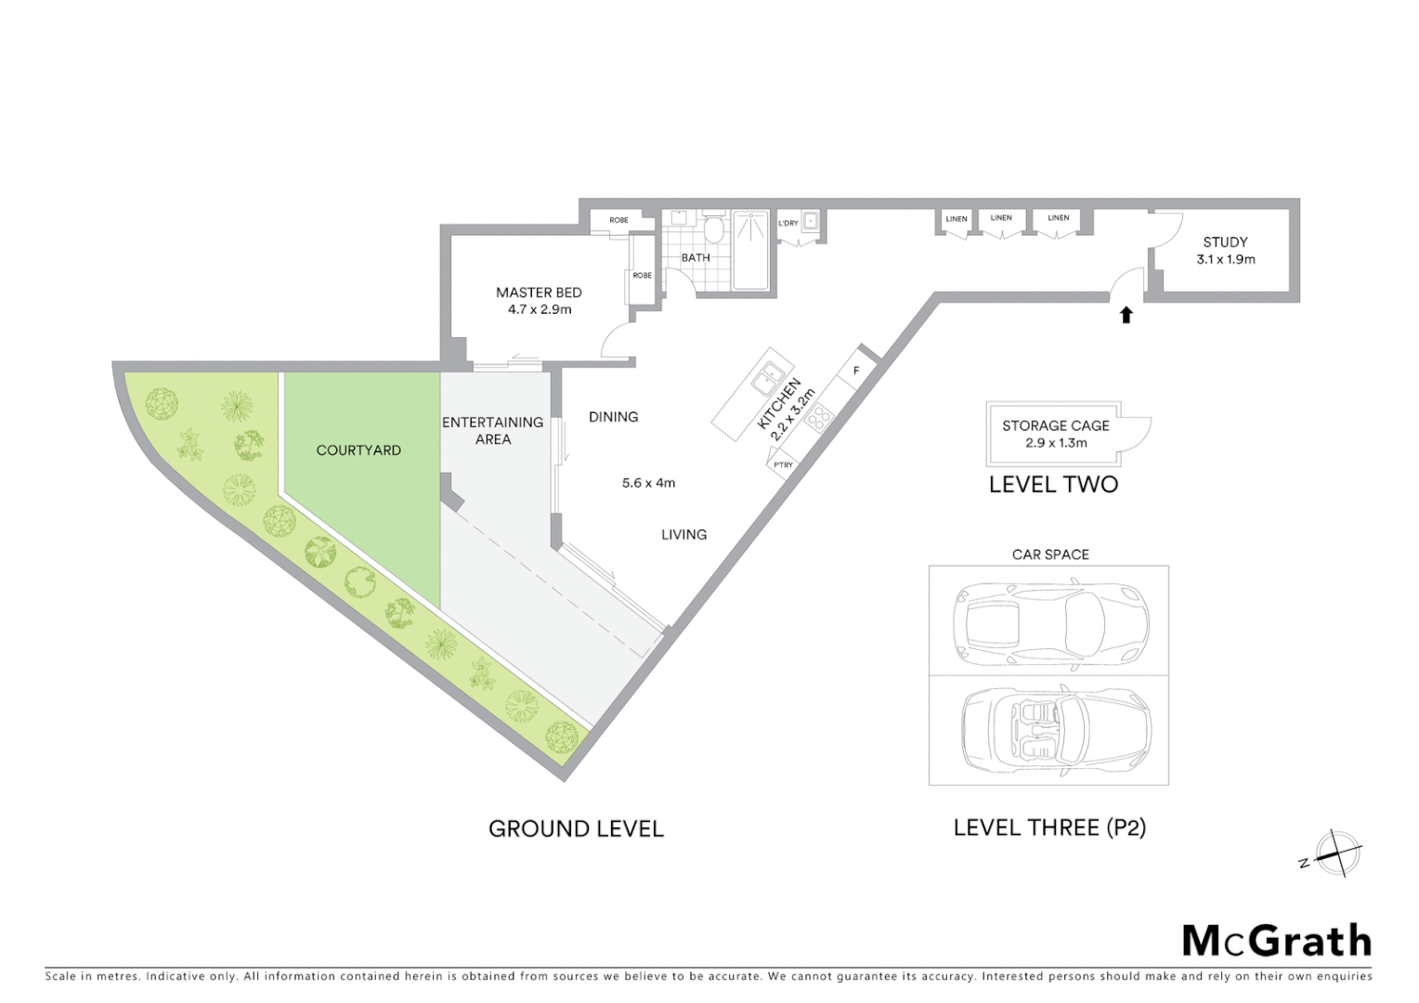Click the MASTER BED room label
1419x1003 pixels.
539,293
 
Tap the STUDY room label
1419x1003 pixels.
1225,242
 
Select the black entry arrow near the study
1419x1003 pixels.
1126,315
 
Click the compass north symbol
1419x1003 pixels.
1336,853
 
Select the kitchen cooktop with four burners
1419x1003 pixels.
819,418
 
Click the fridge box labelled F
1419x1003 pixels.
855,371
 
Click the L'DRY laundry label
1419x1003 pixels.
788,223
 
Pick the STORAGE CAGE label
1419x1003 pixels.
1055,425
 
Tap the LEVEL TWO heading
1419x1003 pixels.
1053,484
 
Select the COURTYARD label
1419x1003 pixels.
358,450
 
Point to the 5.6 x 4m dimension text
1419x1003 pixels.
648,483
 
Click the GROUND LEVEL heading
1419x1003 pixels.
576,828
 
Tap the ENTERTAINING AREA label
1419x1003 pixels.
492,430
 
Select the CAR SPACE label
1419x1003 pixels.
1050,554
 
